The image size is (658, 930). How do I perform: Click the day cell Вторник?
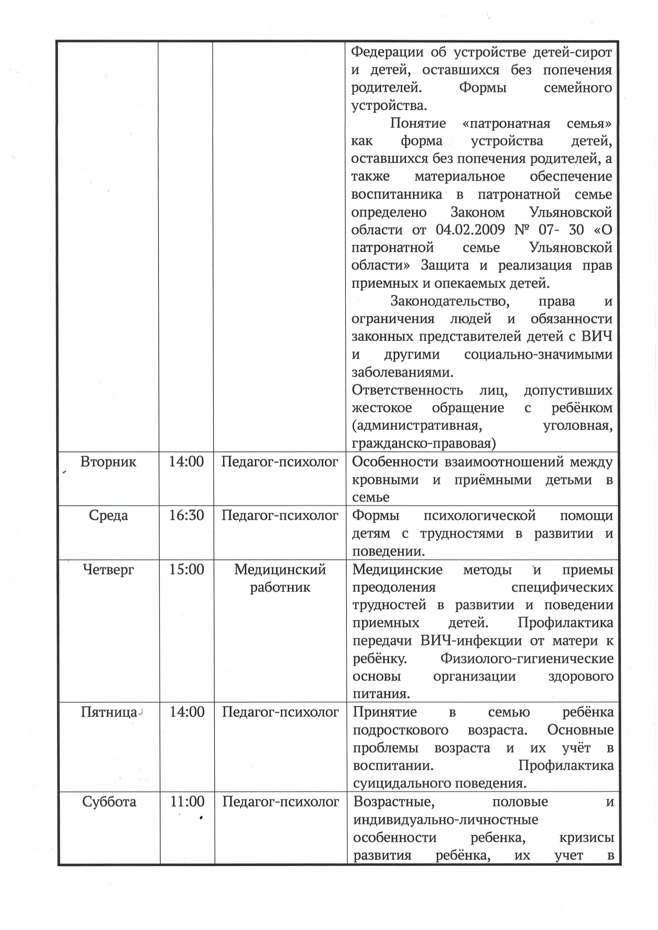(108, 462)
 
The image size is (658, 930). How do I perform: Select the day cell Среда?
(108, 516)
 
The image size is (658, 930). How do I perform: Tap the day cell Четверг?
(108, 570)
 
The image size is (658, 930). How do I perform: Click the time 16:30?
(186, 516)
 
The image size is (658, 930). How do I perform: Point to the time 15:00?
(186, 570)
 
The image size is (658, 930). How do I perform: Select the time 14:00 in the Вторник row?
(186, 462)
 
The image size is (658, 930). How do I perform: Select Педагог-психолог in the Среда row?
(279, 516)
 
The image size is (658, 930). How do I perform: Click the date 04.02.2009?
(470, 230)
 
